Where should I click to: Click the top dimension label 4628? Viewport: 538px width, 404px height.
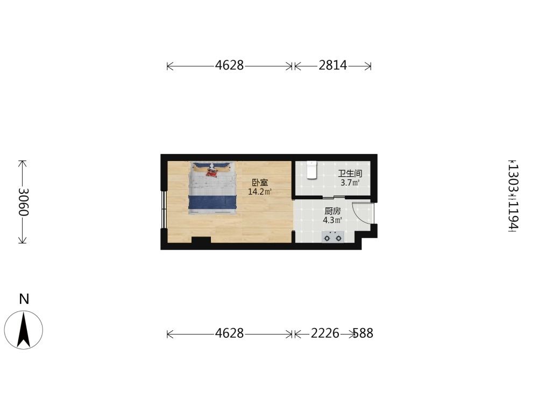(229, 65)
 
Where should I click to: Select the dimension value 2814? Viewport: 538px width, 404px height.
(332, 65)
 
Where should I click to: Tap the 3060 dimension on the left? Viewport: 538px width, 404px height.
(23, 202)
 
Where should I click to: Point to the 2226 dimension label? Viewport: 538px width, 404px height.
(325, 333)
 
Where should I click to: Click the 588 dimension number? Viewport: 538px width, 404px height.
(363, 333)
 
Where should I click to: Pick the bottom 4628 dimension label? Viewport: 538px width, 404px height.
(229, 333)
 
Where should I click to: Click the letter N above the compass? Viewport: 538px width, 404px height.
(24, 299)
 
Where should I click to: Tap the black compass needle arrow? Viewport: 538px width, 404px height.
(24, 329)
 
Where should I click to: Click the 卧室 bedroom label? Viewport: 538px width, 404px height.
(260, 183)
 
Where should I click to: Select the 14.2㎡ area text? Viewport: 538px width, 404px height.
(260, 192)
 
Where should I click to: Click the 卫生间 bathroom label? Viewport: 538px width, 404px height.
(350, 174)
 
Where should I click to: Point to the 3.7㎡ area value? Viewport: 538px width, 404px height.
(350, 183)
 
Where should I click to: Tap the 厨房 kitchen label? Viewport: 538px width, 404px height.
(332, 211)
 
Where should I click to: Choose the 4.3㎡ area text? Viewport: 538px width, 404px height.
(332, 220)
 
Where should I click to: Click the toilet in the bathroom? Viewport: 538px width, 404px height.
(311, 170)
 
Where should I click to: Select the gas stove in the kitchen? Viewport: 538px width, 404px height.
(332, 236)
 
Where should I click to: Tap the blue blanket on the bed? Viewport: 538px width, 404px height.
(213, 202)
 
